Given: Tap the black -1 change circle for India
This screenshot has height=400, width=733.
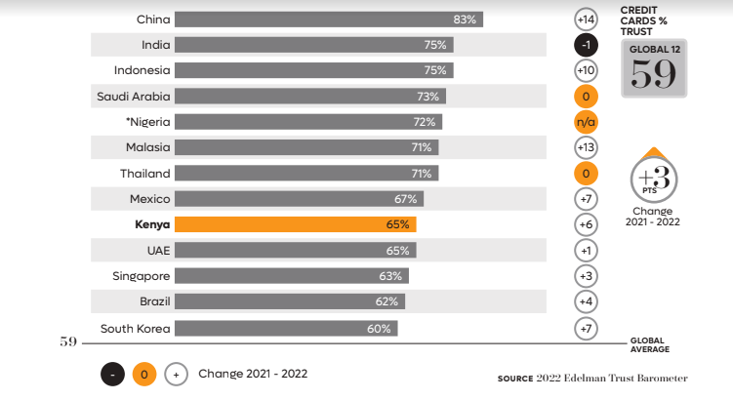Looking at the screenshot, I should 586,45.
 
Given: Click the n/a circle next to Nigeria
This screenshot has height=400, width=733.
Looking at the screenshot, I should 586,122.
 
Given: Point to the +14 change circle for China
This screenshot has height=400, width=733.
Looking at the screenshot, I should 586,20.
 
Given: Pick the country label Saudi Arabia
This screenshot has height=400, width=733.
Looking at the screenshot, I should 133,96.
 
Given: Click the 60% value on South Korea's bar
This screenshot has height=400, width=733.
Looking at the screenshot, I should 379,329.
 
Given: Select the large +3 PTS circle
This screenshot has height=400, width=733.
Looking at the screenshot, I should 653,180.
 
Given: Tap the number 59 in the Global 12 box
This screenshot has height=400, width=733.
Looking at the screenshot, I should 653,74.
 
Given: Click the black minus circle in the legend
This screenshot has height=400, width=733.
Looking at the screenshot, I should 112,374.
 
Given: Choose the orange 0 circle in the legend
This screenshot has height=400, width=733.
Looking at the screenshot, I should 144,374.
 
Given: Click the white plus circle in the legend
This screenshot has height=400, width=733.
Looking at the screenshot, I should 176,374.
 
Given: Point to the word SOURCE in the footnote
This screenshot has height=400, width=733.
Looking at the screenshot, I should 515,378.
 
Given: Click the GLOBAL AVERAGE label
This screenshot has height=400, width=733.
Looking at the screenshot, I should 650,344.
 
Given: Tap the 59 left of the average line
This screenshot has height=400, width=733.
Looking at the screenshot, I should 68,342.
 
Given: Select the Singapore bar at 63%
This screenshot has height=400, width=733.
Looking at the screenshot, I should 292,276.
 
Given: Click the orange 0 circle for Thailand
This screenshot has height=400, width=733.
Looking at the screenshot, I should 586,174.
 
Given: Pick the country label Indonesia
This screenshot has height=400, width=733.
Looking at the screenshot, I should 142,70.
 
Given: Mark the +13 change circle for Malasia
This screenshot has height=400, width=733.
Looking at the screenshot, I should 586,147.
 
